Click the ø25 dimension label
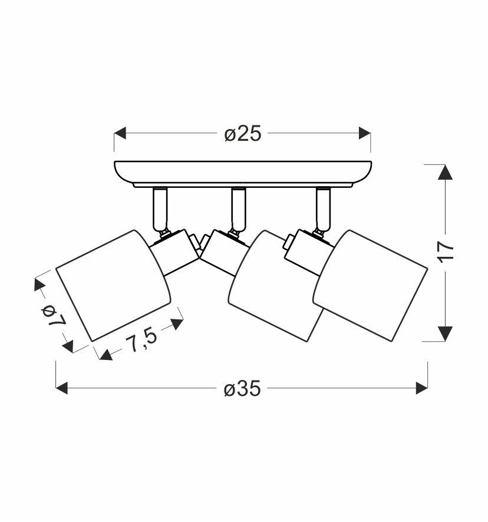click(243, 134)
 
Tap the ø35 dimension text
click(242, 388)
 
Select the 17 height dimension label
click(446, 252)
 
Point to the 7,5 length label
click(141, 339)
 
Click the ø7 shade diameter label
click(53, 315)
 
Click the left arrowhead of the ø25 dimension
click(120, 133)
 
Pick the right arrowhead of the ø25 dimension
click(365, 133)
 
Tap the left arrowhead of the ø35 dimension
click(62, 388)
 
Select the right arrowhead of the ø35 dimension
click(422, 388)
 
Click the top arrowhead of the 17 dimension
click(445, 172)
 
